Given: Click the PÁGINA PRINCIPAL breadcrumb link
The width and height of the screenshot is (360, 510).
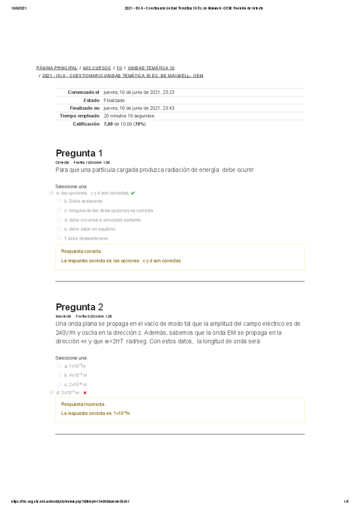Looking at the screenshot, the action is pos(56,69).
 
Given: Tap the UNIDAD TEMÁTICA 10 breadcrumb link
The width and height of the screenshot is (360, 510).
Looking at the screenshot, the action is pos(151,69).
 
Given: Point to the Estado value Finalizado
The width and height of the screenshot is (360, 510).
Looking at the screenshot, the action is pos(114,100).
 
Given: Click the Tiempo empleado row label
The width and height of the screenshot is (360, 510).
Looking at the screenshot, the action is pos(79,115).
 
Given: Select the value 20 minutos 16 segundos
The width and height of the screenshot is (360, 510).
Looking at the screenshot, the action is pos(129,115).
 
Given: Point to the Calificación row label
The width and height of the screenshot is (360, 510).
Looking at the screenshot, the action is pos(86,123).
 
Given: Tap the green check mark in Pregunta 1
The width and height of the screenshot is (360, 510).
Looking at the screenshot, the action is pos(133,193).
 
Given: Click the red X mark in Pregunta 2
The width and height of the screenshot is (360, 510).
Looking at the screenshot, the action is pos(85,393).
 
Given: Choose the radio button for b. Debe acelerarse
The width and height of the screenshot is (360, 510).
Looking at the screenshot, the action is pos(59,201).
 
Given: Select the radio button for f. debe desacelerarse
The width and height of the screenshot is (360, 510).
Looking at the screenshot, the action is pos(59,238).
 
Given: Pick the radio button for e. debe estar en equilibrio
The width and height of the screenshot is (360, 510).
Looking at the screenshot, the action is pos(59,229).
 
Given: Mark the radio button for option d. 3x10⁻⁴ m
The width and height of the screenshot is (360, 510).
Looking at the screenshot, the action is pos(51,392).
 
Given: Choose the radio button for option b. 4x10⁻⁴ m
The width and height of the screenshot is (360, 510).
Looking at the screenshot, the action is pos(59,375).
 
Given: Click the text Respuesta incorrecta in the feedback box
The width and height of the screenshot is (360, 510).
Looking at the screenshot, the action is pos(84,404).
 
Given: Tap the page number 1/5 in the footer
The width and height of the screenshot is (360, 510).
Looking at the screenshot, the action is pos(346,502).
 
